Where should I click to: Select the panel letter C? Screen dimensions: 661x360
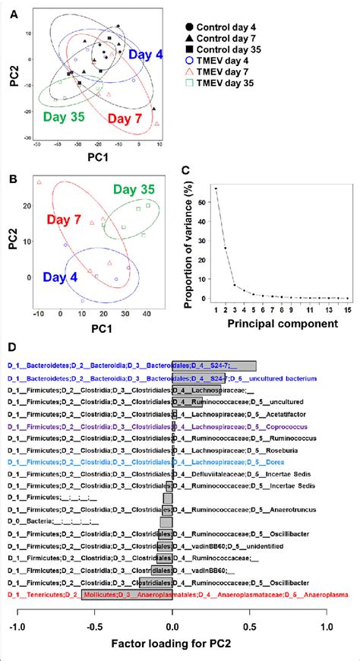pos(195,180)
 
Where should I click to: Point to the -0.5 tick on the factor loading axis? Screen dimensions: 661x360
pos(94,606)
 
